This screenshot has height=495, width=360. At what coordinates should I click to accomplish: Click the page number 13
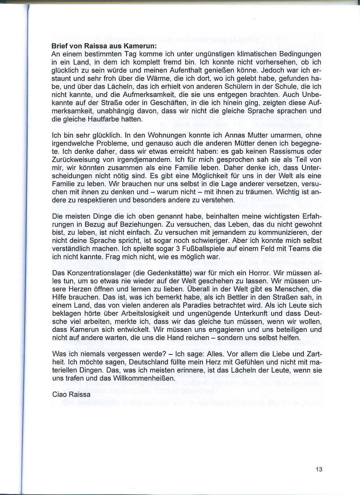coord(319,469)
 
